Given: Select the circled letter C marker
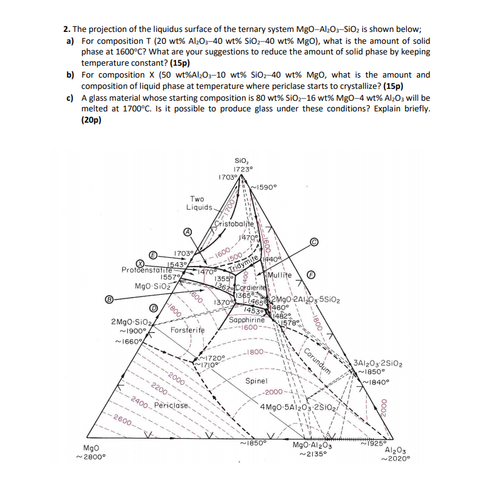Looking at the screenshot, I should coord(313,242).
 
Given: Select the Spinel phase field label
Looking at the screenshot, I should coord(257,380).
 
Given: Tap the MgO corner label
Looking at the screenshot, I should coord(92,448).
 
